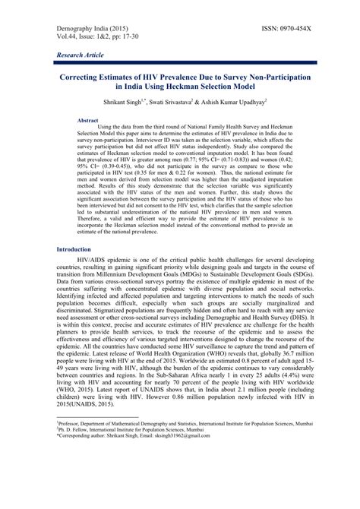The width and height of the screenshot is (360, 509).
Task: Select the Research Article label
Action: click(82, 57)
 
